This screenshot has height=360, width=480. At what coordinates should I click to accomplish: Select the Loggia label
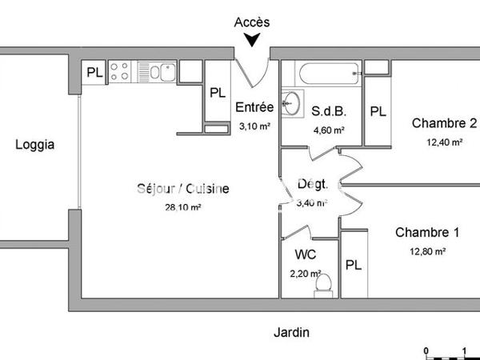35,146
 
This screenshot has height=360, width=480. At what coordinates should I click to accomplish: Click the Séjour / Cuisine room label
182,190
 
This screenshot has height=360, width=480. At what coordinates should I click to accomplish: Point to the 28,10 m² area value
182,206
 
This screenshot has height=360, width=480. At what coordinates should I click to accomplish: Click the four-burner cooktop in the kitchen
120,71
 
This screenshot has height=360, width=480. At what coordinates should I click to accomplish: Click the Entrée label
254,108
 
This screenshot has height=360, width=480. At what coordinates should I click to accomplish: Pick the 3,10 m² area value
254,126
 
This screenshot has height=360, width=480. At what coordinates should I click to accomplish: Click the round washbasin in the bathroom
293,102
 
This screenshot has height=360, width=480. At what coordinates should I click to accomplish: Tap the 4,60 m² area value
328,130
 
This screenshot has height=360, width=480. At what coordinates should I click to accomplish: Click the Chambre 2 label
444,123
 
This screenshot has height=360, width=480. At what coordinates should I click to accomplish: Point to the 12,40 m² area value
444,142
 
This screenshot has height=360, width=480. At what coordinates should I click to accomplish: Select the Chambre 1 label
427,233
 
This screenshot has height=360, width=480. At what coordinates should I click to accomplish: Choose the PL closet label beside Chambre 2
378,112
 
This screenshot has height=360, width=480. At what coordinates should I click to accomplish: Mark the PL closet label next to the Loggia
94,73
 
